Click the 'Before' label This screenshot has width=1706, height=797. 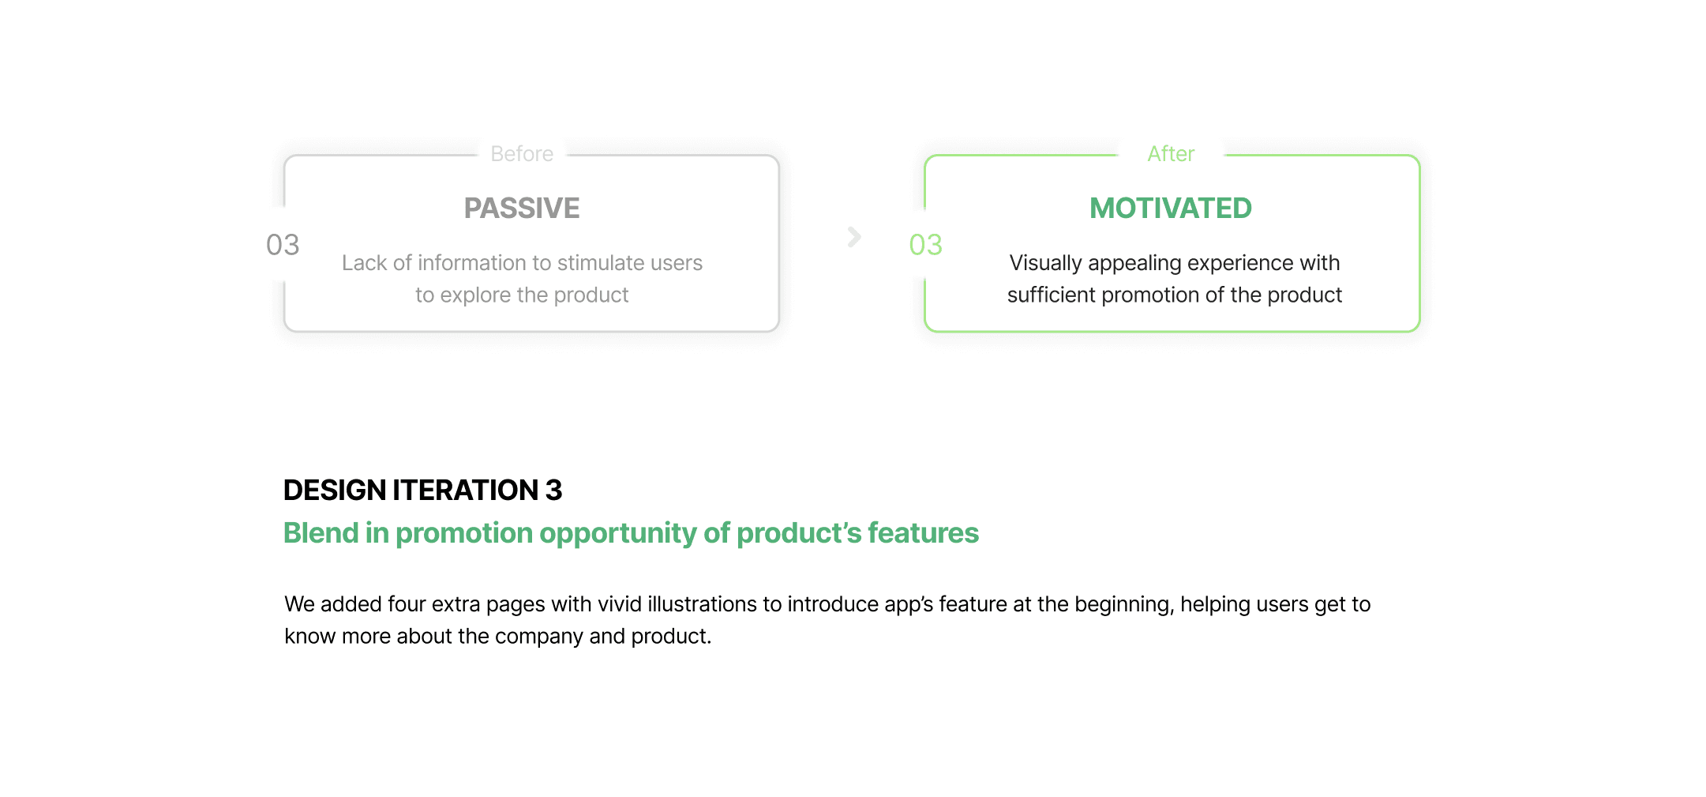[522, 154]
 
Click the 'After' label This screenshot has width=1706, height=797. [1171, 154]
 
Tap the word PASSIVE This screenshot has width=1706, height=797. [522, 209]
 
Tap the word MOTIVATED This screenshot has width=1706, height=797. [1171, 209]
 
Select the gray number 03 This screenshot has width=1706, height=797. [283, 245]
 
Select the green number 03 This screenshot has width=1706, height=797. [926, 245]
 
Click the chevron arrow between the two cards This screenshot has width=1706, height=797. [854, 237]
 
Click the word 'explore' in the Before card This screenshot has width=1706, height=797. [475, 296]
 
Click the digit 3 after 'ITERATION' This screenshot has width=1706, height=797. [553, 491]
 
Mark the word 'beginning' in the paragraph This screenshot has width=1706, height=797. [1124, 605]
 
